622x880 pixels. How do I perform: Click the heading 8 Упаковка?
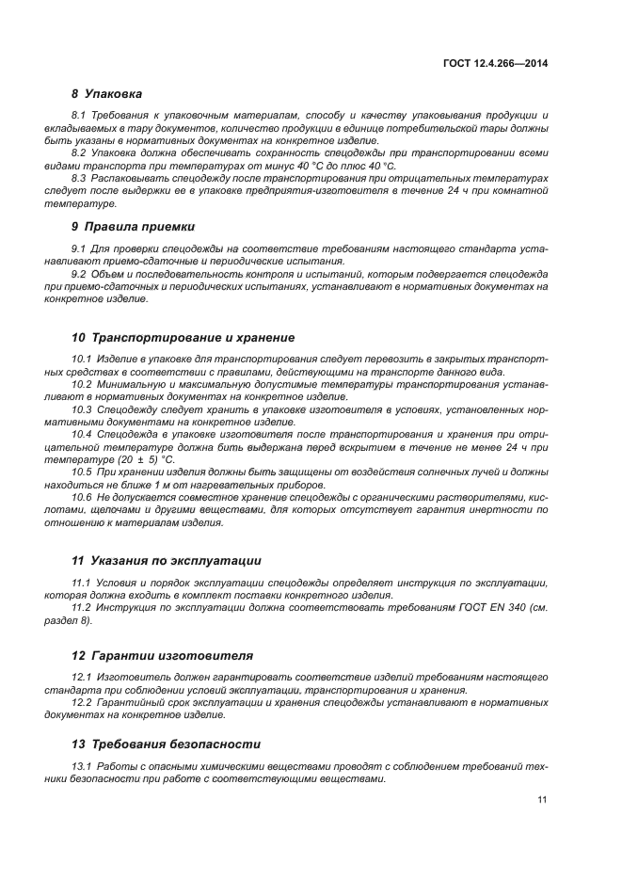106,94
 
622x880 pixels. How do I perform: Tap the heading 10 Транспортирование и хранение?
183,337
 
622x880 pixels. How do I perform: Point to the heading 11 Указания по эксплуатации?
166,560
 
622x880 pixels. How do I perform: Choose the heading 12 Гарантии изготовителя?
161,654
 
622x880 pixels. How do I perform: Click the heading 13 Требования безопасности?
166,744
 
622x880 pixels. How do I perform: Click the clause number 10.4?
82,434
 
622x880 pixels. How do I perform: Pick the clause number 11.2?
82,607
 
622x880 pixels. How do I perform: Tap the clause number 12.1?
82,677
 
